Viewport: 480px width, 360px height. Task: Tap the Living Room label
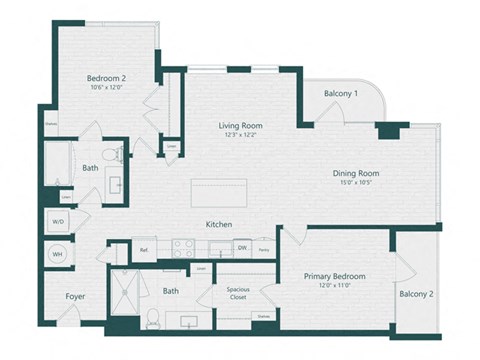point(240,125)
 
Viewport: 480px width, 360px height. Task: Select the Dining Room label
point(356,172)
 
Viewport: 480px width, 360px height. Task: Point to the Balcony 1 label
point(341,94)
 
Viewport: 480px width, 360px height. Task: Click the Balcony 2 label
point(415,294)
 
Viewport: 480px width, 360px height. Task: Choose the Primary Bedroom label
point(335,276)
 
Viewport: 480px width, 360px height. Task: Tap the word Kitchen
point(220,224)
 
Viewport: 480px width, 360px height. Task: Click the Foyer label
point(75,296)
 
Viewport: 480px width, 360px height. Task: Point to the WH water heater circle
point(56,255)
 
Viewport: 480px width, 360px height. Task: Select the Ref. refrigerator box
point(144,249)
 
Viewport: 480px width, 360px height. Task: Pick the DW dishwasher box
point(242,248)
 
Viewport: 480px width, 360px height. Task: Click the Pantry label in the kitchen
point(263,249)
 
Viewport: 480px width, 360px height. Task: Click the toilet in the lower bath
point(152,318)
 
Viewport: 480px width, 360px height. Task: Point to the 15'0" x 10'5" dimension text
point(355,183)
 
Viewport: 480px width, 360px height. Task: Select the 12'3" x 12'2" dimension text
point(240,136)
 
